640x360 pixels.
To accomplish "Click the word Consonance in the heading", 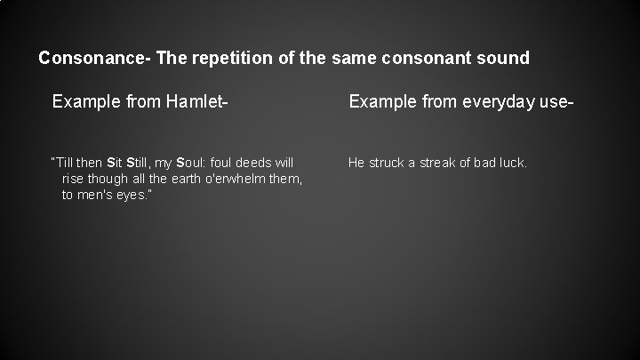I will (x=92, y=59).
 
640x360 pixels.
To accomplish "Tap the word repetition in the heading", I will (x=228, y=59).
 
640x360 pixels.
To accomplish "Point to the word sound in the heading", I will (x=503, y=59).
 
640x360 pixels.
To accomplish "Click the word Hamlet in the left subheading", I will (x=196, y=103).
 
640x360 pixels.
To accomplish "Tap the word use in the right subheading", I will (x=555, y=103).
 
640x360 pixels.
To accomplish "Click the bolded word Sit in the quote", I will (x=115, y=163).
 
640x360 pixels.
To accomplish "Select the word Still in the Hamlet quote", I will (x=140, y=163).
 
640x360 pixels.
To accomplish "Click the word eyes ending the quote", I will (x=133, y=195).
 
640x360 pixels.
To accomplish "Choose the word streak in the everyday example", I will (x=437, y=163).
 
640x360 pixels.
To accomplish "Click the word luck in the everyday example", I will (x=515, y=163).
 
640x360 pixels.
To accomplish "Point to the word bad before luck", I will (x=484, y=163).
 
